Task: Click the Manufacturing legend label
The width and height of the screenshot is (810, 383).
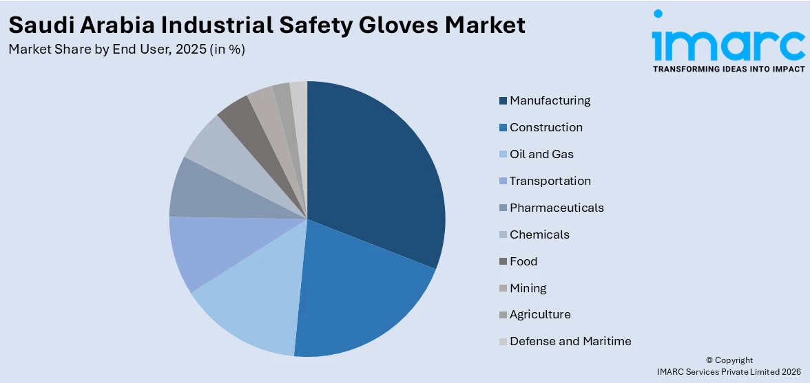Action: [550, 100]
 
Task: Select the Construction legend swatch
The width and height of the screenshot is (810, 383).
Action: [503, 128]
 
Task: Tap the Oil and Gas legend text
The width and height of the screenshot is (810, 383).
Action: [541, 154]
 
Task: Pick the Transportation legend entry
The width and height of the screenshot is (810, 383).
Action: [550, 181]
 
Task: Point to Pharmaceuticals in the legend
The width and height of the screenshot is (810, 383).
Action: [557, 208]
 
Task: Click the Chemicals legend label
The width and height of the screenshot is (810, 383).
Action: [539, 234]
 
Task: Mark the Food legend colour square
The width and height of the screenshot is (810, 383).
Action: [503, 262]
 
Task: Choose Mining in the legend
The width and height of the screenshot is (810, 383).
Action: [528, 288]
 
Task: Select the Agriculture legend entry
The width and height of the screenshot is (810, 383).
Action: [540, 314]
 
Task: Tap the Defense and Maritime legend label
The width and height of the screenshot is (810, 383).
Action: [570, 341]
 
